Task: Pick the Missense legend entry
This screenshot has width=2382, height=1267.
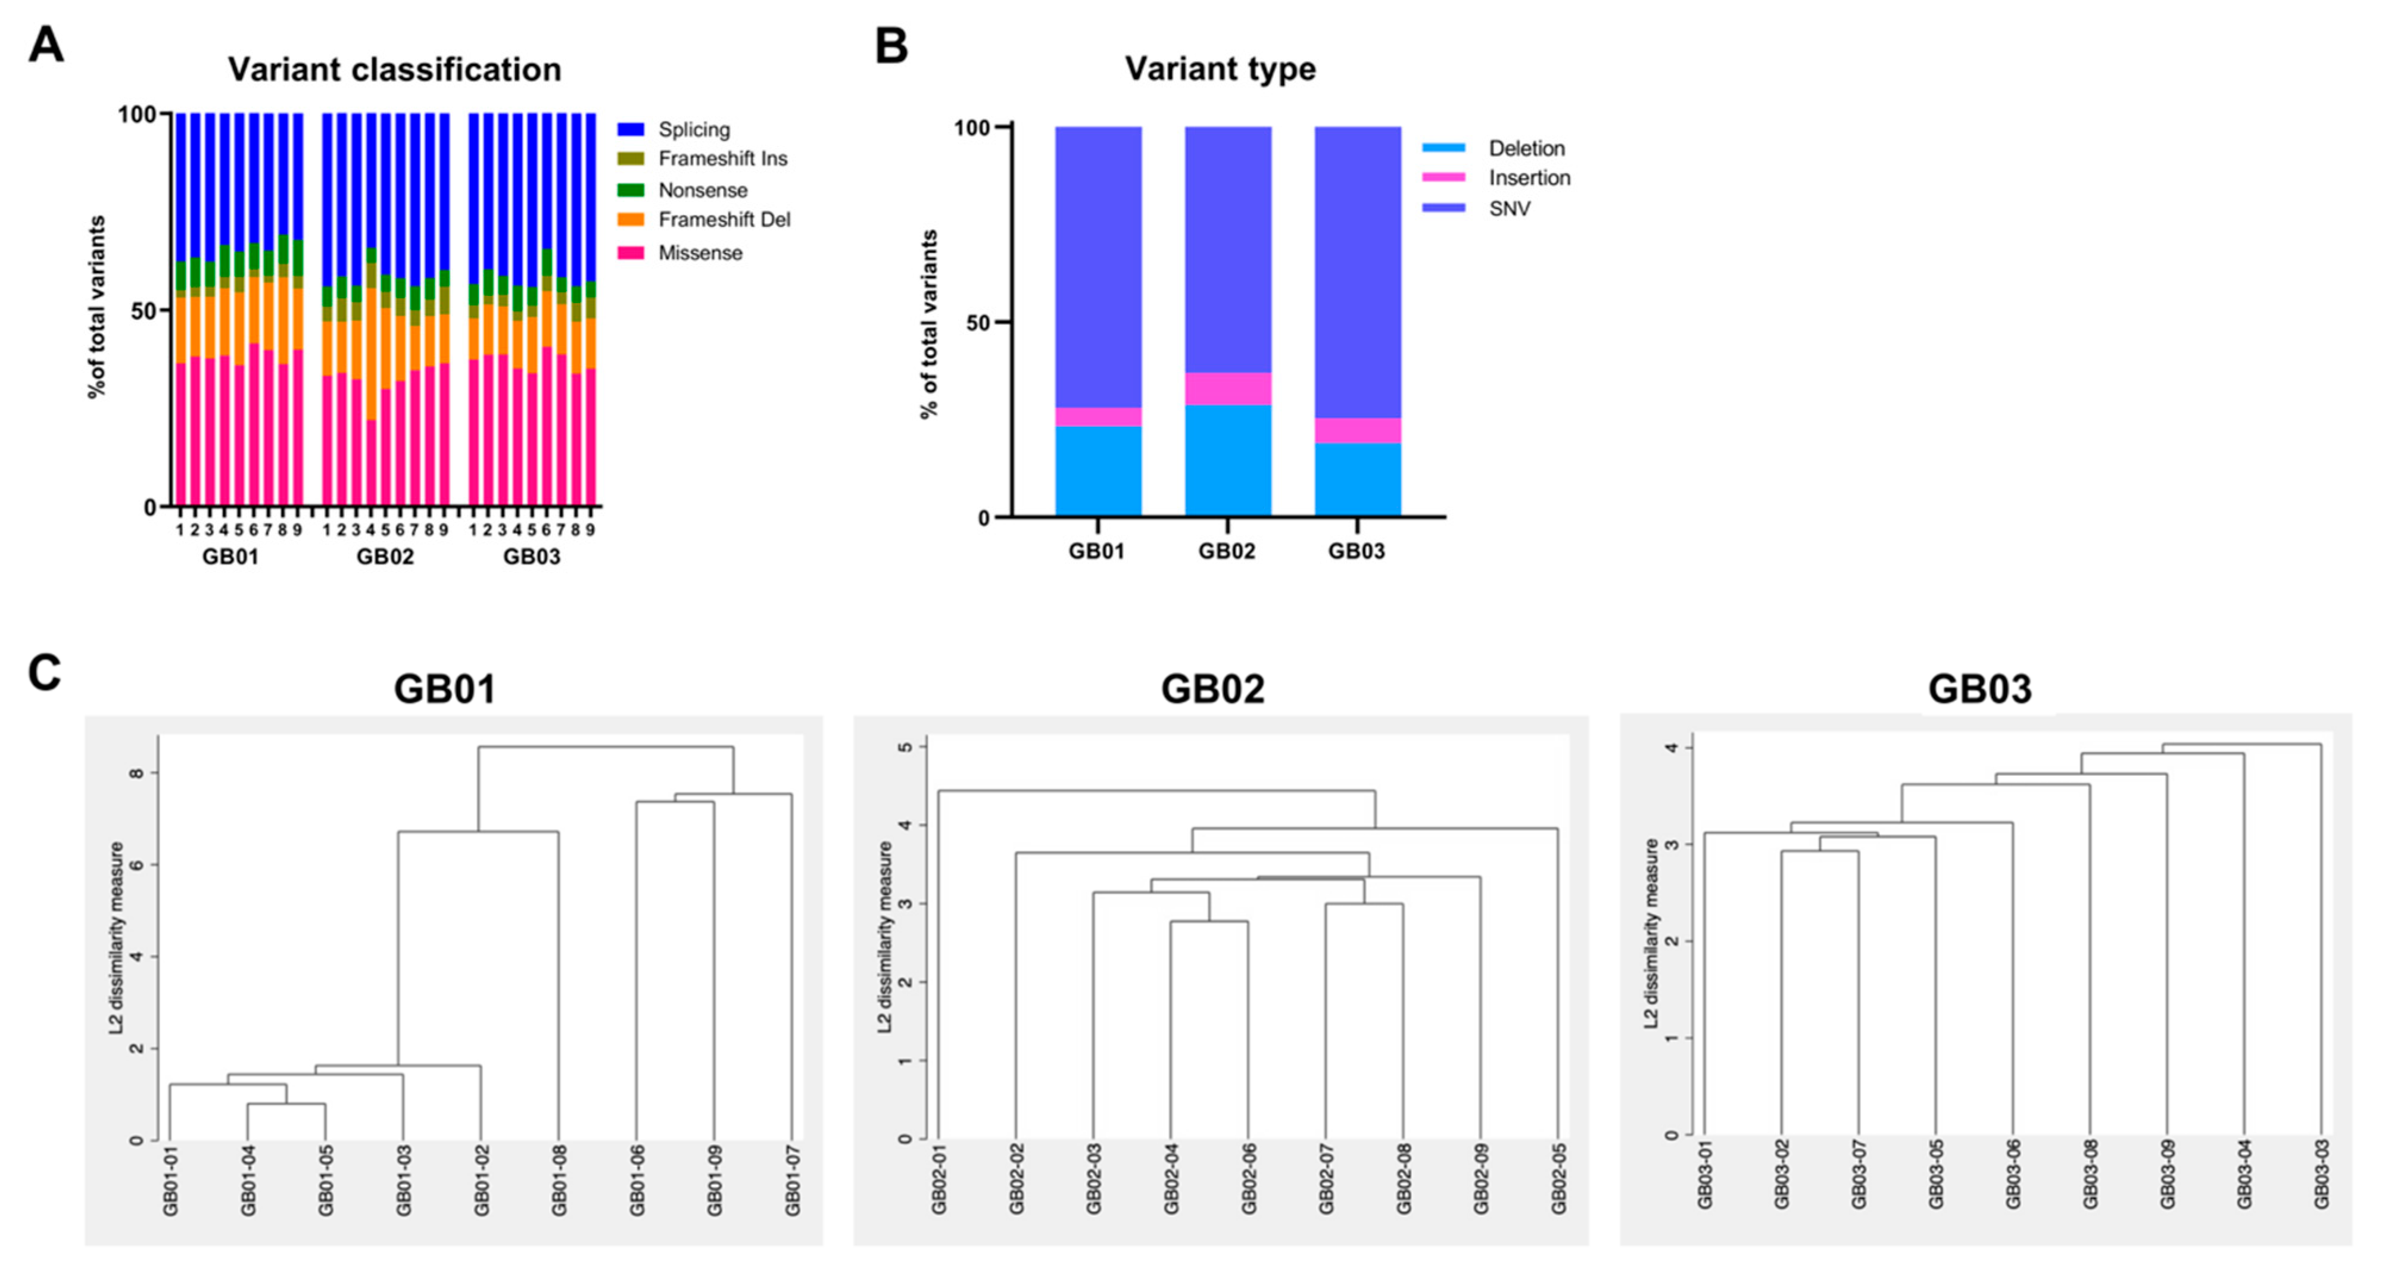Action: pos(700,252)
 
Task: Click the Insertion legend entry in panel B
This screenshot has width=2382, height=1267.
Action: pos(1529,177)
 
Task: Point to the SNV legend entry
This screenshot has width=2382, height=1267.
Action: pos(1509,208)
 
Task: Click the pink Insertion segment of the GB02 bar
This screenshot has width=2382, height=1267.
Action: pos(1227,388)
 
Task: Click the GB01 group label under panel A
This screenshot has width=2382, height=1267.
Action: pos(230,557)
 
